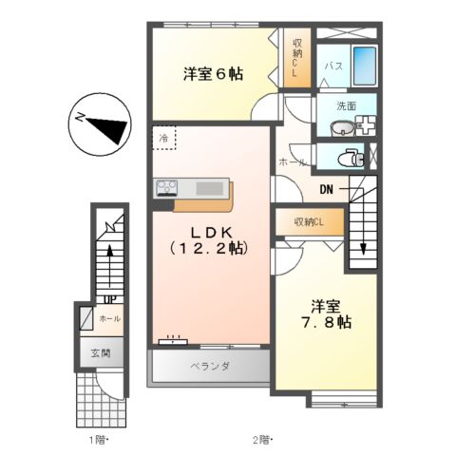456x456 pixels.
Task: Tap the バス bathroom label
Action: coord(332,66)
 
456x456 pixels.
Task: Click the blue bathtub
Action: coord(364,66)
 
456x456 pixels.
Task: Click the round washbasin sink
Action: coord(340,128)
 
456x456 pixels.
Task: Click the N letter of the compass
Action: coord(78,118)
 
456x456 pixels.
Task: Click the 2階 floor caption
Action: coord(261,440)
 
